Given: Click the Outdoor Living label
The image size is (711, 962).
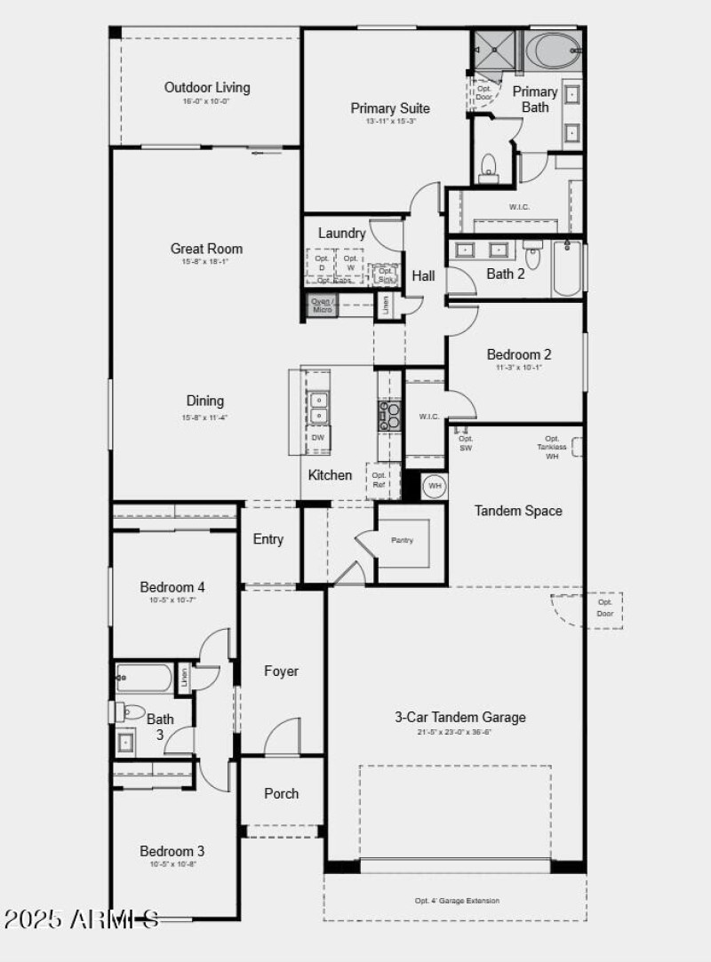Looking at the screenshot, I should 207,88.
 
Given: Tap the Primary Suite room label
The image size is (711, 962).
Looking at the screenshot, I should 389,108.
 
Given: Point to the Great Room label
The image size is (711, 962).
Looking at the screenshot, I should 206,249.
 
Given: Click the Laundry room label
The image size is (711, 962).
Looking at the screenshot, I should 342,233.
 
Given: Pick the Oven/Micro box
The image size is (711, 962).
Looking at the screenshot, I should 321,306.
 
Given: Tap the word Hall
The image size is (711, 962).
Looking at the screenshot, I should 423,276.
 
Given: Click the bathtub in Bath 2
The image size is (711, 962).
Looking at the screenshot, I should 568,269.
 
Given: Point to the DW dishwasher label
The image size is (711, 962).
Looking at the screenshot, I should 317,437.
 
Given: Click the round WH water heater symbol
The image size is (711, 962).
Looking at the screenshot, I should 435,486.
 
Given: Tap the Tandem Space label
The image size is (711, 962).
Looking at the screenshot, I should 518,511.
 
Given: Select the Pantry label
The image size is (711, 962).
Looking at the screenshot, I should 402,540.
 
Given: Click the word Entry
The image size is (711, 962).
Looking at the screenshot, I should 268,539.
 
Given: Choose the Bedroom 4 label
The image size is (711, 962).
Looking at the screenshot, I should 172,587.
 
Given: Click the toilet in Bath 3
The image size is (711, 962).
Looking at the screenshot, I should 132,711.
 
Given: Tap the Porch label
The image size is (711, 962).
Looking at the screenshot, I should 281,793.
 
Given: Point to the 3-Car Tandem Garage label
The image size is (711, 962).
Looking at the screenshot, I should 460,717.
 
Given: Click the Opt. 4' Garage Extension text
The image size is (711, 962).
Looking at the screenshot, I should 457,901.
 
